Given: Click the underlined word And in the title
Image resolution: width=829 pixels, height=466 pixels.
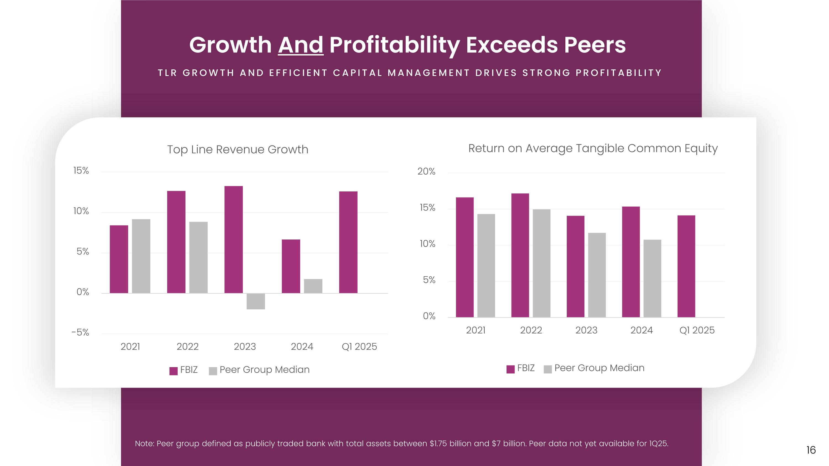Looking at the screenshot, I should pyautogui.click(x=301, y=45).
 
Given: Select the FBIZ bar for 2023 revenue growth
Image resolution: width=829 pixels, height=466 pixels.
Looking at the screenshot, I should pyautogui.click(x=234, y=239).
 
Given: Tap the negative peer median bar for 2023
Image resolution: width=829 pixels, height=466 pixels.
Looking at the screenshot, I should pyautogui.click(x=256, y=301).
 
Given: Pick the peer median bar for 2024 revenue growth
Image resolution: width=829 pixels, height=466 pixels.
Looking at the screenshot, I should pyautogui.click(x=313, y=286).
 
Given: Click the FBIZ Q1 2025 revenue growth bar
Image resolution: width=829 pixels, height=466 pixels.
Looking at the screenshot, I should pyautogui.click(x=348, y=242).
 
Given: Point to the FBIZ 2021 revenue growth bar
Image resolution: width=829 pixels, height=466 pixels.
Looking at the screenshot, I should pyautogui.click(x=119, y=259).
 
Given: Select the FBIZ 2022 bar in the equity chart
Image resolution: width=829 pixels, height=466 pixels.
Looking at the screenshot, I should pyautogui.click(x=520, y=255).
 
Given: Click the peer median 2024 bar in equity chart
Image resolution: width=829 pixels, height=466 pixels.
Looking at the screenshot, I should pyautogui.click(x=652, y=278).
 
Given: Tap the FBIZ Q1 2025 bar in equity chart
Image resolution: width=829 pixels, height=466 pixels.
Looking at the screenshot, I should pyautogui.click(x=686, y=266).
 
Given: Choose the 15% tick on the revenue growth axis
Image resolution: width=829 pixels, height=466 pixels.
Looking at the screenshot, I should pyautogui.click(x=81, y=171).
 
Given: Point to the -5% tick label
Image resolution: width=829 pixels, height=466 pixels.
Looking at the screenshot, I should pyautogui.click(x=80, y=333).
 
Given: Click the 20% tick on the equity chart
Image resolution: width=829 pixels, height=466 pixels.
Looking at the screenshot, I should pyautogui.click(x=426, y=172).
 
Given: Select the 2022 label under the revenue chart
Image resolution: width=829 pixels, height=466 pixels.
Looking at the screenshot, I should pyautogui.click(x=188, y=347).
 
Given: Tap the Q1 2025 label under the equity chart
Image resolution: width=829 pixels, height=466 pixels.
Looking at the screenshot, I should pyautogui.click(x=697, y=330).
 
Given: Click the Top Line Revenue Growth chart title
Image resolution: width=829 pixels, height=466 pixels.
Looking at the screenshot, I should pyautogui.click(x=237, y=149).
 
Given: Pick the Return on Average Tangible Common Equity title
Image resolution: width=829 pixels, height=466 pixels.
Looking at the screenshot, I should pyautogui.click(x=593, y=149).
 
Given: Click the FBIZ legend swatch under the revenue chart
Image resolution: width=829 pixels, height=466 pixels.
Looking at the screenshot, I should pyautogui.click(x=174, y=371).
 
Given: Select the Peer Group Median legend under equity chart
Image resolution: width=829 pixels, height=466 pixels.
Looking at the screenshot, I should pyautogui.click(x=599, y=368).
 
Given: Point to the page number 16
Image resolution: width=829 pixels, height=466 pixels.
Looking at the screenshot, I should pyautogui.click(x=811, y=450).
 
